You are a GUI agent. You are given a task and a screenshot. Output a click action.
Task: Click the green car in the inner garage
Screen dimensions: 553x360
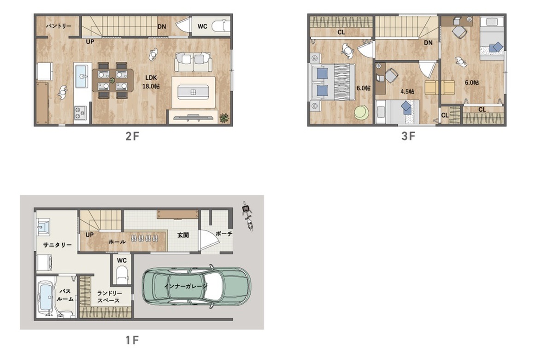coord(196,286)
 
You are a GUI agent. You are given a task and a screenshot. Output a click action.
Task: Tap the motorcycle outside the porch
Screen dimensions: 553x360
coord(247,216)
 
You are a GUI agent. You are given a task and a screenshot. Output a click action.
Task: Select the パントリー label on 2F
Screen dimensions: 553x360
coord(59,26)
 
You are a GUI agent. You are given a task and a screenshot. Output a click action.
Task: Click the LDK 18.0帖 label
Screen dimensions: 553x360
coord(151,82)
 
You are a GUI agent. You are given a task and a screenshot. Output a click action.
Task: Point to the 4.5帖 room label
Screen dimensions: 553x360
coord(407,91)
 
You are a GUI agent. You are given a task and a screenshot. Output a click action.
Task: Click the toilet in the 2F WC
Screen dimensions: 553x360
coord(220,26)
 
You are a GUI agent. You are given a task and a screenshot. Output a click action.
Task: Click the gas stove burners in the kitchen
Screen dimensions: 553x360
coord(81,113)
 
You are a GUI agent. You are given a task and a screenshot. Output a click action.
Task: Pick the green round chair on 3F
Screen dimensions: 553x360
coord(361,112)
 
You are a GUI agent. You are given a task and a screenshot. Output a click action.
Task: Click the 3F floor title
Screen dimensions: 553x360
coord(408,136)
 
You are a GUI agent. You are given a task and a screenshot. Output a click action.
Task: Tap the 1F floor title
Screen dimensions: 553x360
coord(132,340)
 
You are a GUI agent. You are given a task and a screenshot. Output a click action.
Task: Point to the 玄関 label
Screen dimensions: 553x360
coord(183,235)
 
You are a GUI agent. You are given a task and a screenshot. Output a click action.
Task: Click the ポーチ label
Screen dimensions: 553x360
coord(224,234)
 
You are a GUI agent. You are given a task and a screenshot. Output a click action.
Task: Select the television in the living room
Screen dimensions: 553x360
coord(193,118)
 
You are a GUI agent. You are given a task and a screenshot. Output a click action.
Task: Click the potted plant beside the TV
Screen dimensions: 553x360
coord(224,118)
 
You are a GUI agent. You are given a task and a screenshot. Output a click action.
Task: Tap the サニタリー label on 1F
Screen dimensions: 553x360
coord(57,245)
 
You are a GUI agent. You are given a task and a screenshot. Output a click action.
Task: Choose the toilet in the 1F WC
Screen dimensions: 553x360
coord(122,274)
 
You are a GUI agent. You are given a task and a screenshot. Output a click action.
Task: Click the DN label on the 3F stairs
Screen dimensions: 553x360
coord(428,43)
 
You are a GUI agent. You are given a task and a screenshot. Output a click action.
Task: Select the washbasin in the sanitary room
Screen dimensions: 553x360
coord(44,226)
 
